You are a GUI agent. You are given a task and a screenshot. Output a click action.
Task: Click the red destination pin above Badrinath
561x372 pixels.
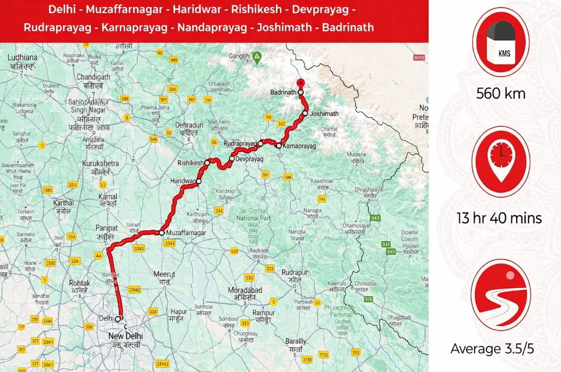pos(300,83)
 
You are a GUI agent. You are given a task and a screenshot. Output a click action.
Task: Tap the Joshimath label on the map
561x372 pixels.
pos(324,114)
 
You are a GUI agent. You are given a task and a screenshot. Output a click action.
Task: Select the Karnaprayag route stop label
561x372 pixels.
pos(300,146)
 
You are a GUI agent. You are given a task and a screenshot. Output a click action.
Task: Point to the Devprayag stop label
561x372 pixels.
pos(250,159)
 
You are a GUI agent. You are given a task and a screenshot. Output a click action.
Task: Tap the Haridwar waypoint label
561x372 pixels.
pos(183,181)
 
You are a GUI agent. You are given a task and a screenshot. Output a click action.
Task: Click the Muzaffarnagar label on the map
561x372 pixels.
pos(186,233)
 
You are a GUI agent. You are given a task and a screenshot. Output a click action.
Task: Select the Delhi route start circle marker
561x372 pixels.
pos(118,318)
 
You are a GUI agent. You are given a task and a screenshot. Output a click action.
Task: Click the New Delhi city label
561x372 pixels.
pos(125,336)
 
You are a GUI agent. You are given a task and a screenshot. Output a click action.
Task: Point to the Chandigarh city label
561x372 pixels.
pos(93,77)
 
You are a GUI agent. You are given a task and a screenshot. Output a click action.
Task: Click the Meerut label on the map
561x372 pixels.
pos(164,274)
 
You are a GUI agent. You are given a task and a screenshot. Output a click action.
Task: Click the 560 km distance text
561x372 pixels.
pos(500,93)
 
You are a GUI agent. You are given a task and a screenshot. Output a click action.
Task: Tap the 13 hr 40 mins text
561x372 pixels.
pos(500,219)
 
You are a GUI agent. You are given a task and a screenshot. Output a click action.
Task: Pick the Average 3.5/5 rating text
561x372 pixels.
pos(500,349)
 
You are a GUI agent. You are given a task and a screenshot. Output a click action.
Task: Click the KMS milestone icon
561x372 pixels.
pos(500,42)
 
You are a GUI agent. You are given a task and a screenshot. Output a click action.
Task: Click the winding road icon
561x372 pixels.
pos(500,295)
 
